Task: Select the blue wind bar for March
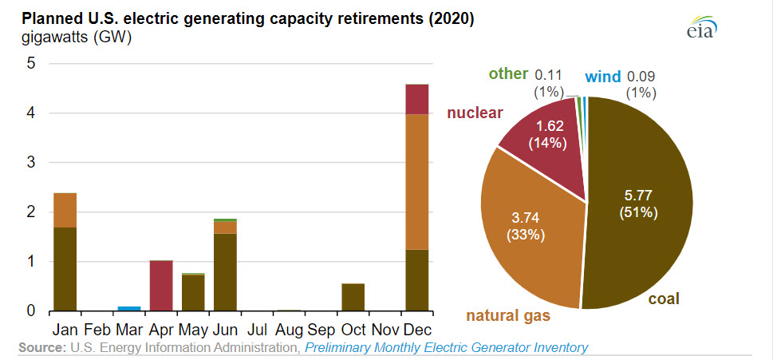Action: click(x=129, y=308)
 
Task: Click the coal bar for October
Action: click(x=353, y=297)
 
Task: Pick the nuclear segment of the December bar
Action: click(x=417, y=99)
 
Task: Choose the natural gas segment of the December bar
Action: click(x=417, y=182)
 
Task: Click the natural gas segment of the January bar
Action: click(x=65, y=210)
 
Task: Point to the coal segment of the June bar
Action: click(x=225, y=272)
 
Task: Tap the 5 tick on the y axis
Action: click(x=30, y=64)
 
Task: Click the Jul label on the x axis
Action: click(x=257, y=329)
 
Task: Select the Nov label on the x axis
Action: click(x=385, y=329)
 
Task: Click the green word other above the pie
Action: click(x=508, y=74)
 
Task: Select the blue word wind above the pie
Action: click(x=603, y=77)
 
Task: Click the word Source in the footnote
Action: click(x=41, y=347)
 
